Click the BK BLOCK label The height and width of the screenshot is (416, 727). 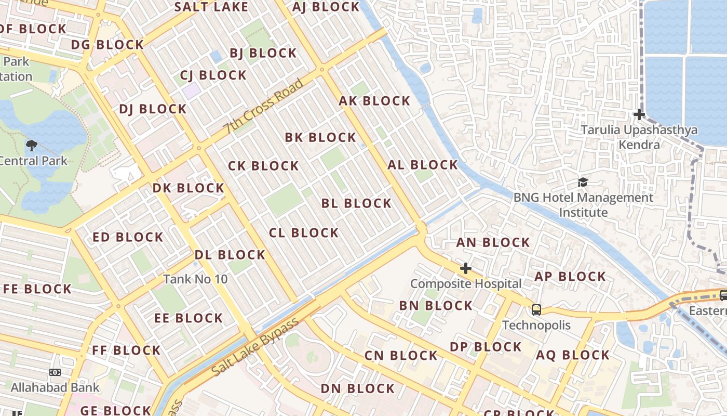pos(320,138)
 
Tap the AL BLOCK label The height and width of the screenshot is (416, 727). pos(423,165)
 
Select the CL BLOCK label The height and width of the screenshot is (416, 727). pos(304,233)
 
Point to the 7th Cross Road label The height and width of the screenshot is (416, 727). pos(263,106)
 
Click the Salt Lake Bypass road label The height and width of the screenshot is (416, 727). pos(256,346)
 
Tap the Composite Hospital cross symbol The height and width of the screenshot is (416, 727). pos(466,268)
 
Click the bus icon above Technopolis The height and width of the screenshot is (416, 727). pos(536,310)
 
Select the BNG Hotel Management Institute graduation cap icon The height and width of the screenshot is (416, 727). pos(583,183)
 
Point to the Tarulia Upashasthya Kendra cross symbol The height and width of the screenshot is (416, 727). pos(639,114)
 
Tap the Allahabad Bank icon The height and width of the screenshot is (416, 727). pos(55,372)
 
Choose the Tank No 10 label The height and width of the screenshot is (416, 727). pos(195,279)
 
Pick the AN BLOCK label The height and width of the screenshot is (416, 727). pos(493,243)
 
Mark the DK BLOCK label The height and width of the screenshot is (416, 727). pos(188,188)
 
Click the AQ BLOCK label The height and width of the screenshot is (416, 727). pos(573,356)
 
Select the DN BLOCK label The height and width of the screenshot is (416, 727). pos(358,389)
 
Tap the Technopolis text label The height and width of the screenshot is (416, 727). pos(536,326)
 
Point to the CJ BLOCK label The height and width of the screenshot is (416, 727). pos(213,75)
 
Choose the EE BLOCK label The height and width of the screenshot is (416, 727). pos(189,318)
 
